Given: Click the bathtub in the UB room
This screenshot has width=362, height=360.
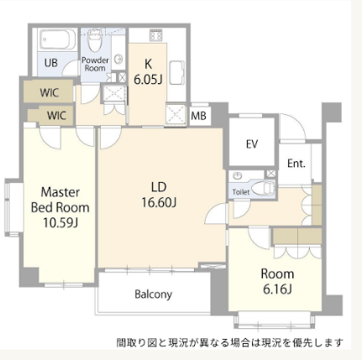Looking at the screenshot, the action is click(58, 39).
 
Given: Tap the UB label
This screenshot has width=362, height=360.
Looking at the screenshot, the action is click(51, 63).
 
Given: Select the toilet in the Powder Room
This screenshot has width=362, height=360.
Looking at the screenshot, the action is click(94, 41).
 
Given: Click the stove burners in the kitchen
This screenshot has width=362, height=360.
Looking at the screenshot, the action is click(155, 35).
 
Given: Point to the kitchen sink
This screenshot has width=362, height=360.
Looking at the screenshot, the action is click(177, 72).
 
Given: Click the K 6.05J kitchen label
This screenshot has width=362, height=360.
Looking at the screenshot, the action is click(148, 72).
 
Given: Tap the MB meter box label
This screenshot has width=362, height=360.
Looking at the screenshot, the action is click(198, 116).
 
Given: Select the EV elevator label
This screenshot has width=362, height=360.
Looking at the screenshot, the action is click(252, 144).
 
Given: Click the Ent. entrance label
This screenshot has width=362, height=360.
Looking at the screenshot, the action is click(296, 164).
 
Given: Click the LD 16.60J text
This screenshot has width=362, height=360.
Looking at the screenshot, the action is click(159, 195).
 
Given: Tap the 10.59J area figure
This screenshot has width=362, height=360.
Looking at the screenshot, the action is click(60, 223).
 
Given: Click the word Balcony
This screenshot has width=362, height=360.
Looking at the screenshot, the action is click(153, 295).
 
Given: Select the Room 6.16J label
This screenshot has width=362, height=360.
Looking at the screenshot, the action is click(277, 282).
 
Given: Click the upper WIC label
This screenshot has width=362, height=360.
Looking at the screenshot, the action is click(50, 92).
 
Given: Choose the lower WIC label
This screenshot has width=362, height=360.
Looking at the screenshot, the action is click(56, 115).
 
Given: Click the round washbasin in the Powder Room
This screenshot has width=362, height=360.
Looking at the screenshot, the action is click(119, 59).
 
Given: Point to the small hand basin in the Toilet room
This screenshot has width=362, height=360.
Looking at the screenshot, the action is click(238, 176).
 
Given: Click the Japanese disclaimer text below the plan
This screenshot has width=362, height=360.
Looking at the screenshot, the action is click(229, 342).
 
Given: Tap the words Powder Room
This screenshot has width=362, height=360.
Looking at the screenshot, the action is click(95, 64).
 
